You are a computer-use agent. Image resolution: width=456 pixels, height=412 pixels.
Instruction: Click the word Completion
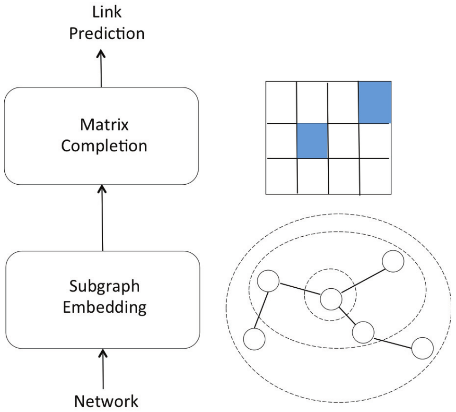pos(104,146)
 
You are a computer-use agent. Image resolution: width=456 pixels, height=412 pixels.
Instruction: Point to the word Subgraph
pos(104,286)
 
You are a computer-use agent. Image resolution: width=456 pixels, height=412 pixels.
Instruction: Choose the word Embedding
pos(105,307)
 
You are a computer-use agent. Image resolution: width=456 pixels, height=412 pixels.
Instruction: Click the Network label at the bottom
pos(106,401)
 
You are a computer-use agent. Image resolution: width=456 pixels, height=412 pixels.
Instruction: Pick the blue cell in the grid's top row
pos(375,102)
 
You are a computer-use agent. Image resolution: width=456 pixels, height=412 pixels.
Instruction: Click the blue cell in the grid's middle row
pos(312,141)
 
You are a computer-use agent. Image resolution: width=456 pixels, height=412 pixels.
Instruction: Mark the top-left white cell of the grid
pos(281,103)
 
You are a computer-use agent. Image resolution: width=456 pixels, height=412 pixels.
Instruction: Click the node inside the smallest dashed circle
pos(331,299)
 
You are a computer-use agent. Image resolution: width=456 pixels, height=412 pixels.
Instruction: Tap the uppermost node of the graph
pos(393,261)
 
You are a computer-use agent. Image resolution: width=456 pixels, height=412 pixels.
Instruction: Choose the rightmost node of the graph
pos(422,349)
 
